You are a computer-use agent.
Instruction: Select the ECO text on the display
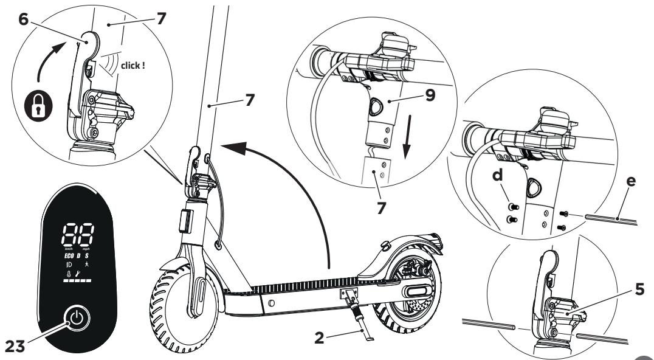pyautogui.click(x=71, y=255)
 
